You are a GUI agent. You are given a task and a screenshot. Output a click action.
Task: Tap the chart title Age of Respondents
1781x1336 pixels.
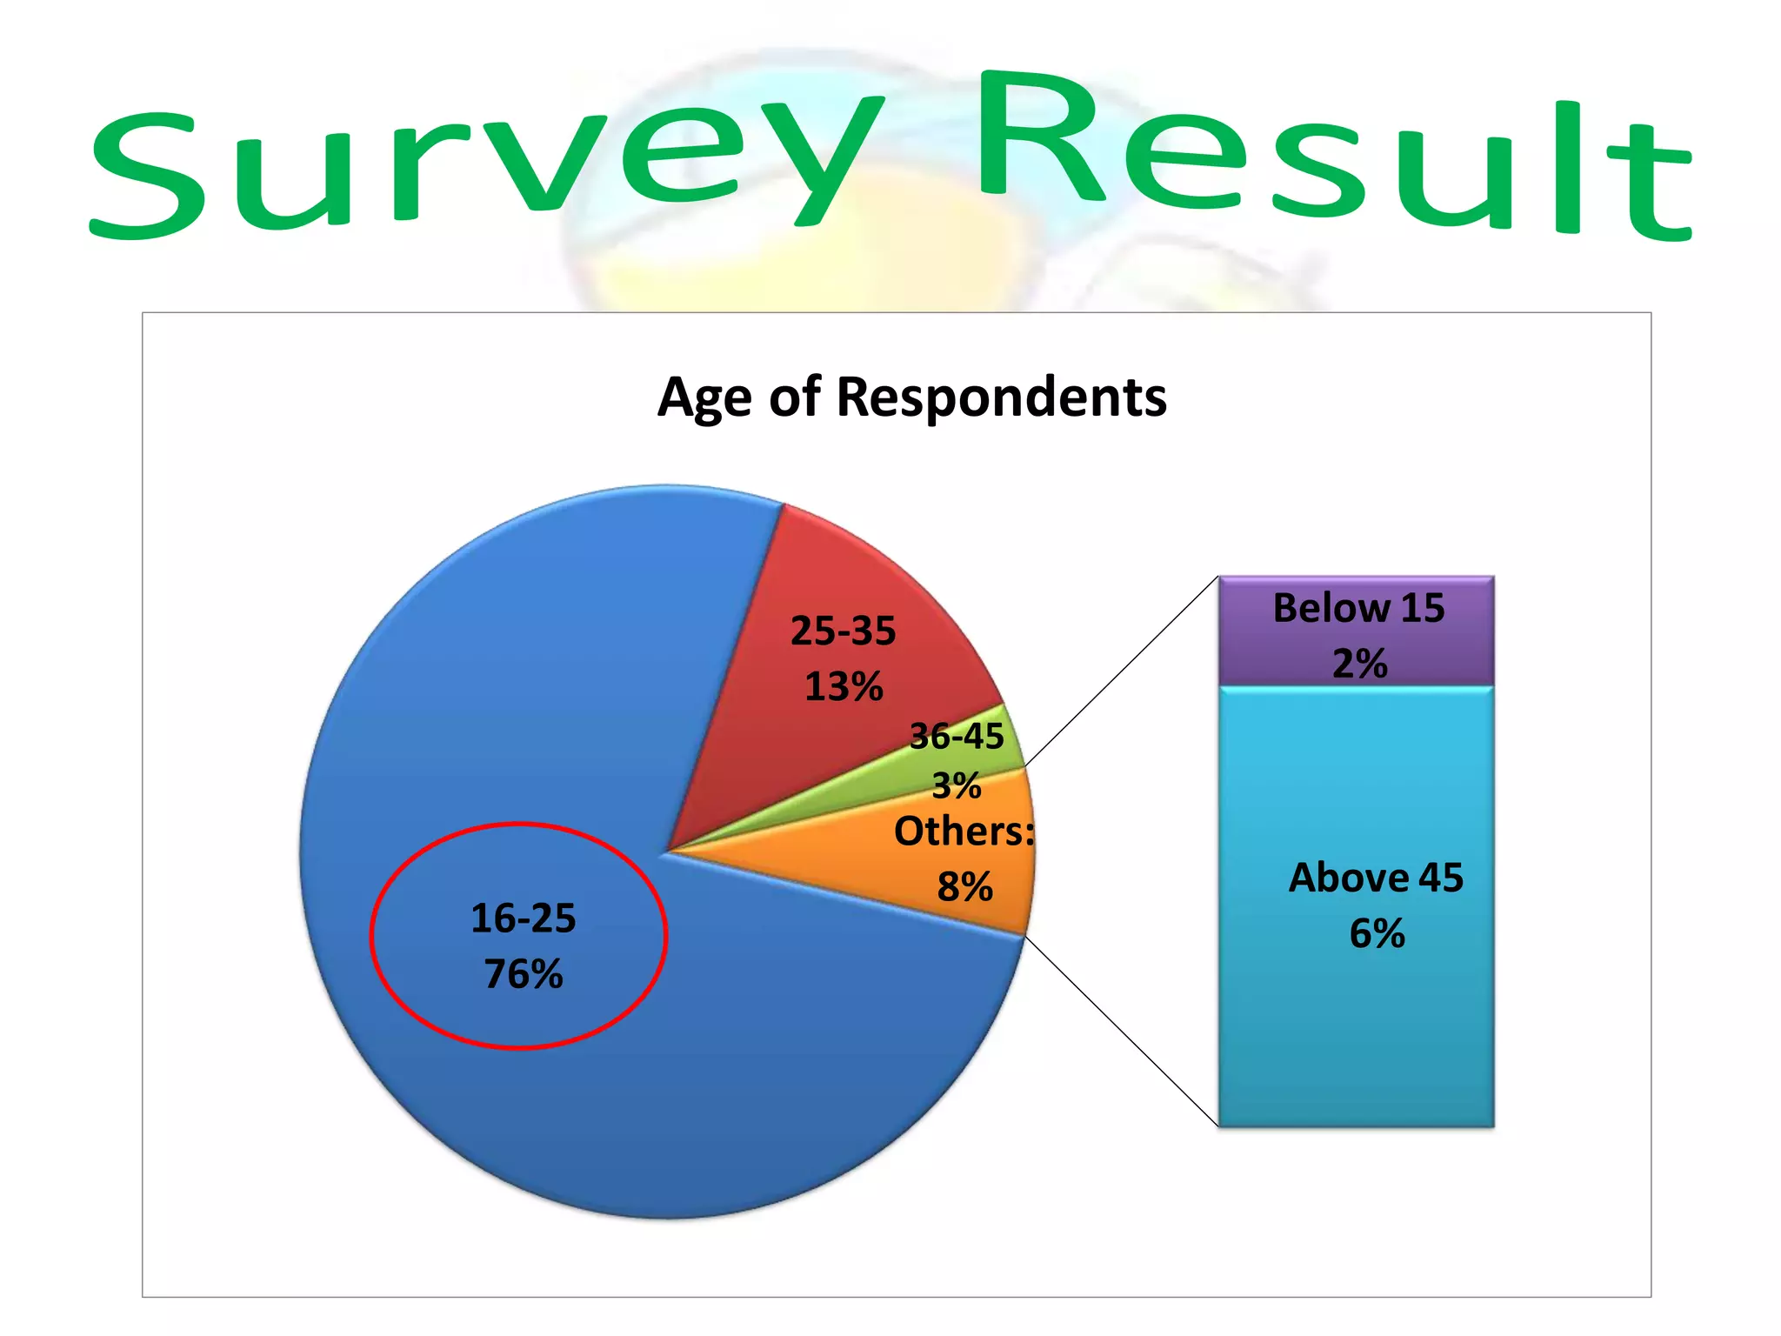(911, 397)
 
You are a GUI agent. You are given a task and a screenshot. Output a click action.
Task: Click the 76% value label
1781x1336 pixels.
(524, 974)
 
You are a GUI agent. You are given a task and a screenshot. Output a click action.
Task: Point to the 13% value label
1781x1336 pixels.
(844, 687)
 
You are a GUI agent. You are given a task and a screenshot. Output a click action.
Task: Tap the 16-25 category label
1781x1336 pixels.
(524, 918)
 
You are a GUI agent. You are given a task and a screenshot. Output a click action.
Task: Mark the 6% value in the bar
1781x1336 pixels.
(1377, 934)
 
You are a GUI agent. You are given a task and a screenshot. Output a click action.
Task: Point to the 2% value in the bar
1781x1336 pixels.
(1360, 665)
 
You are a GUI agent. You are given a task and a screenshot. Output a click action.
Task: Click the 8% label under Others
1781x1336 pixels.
(965, 887)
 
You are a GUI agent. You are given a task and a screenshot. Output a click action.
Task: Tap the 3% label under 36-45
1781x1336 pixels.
(957, 786)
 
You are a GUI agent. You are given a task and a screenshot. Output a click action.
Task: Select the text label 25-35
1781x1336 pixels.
(843, 631)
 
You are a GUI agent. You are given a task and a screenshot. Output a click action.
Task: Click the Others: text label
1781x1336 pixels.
(964, 832)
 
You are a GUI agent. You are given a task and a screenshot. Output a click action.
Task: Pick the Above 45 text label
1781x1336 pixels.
(1377, 878)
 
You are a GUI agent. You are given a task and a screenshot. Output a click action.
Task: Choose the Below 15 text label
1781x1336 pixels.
(1358, 608)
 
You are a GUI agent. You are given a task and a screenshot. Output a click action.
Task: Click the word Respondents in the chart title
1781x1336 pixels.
(1001, 397)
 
